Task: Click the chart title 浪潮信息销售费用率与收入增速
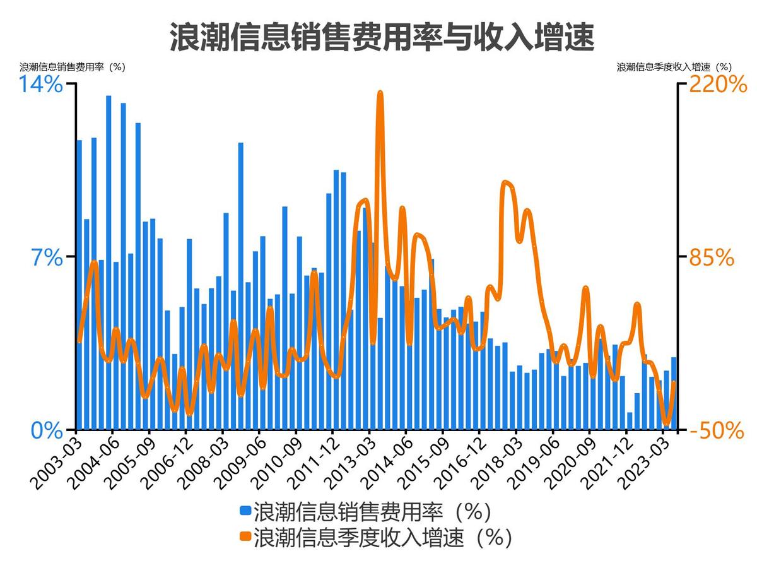pyautogui.click(x=382, y=37)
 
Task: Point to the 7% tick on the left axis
pyautogui.click(x=47, y=257)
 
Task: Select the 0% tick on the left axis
pyautogui.click(x=47, y=431)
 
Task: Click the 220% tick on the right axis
pyautogui.click(x=718, y=85)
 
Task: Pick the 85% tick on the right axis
pyautogui.click(x=711, y=257)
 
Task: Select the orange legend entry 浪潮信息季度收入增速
pyautogui.click(x=375, y=537)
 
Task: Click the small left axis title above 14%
pyautogui.click(x=73, y=68)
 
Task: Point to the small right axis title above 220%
pyautogui.click(x=674, y=68)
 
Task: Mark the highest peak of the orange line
pyautogui.click(x=380, y=93)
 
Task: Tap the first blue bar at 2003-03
pyautogui.click(x=79, y=284)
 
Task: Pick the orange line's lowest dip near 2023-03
pyautogui.click(x=667, y=423)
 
